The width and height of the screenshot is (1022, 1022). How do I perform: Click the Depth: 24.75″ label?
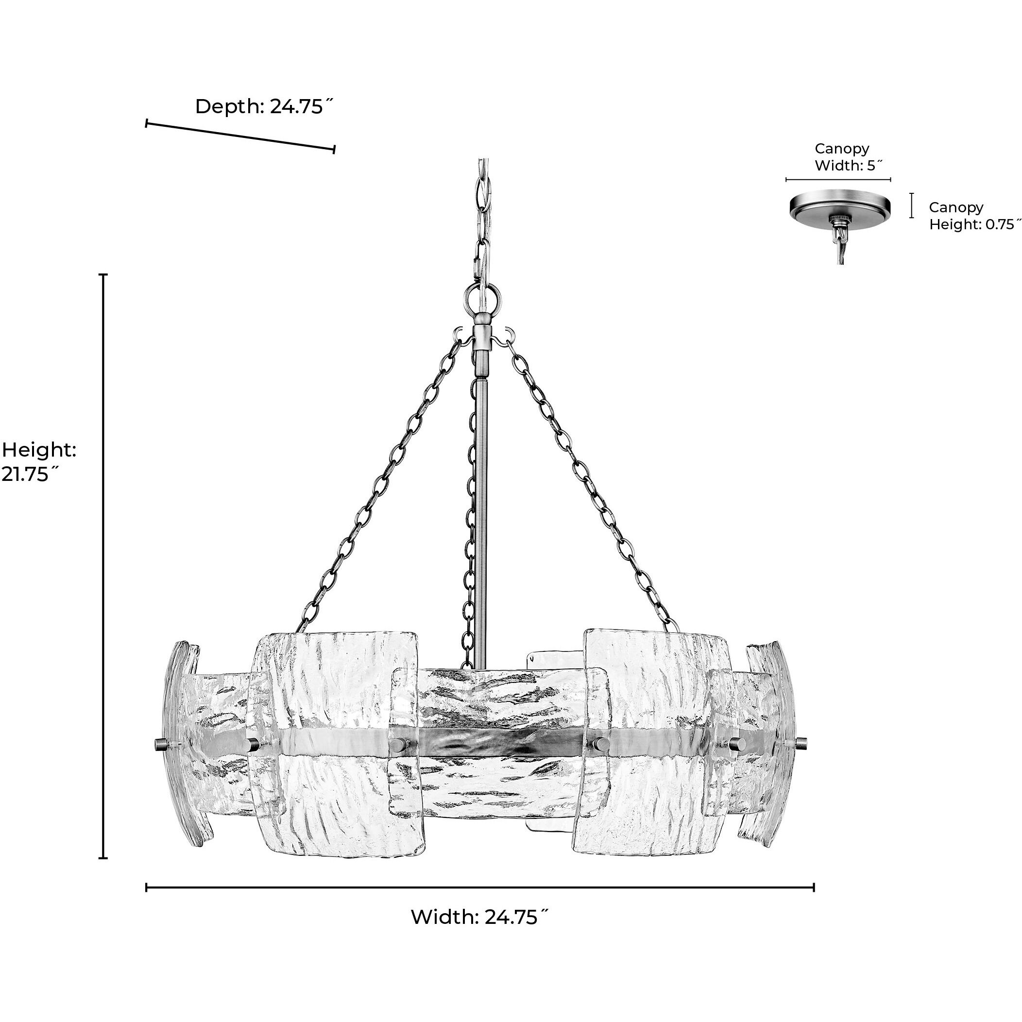pos(266,107)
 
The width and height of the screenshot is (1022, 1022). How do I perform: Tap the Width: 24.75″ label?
pos(479,917)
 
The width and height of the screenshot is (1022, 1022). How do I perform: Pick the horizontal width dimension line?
pos(479,887)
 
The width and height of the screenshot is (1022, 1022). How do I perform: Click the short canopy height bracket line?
pos(911,206)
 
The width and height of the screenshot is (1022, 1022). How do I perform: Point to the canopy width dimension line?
pos(838,180)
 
